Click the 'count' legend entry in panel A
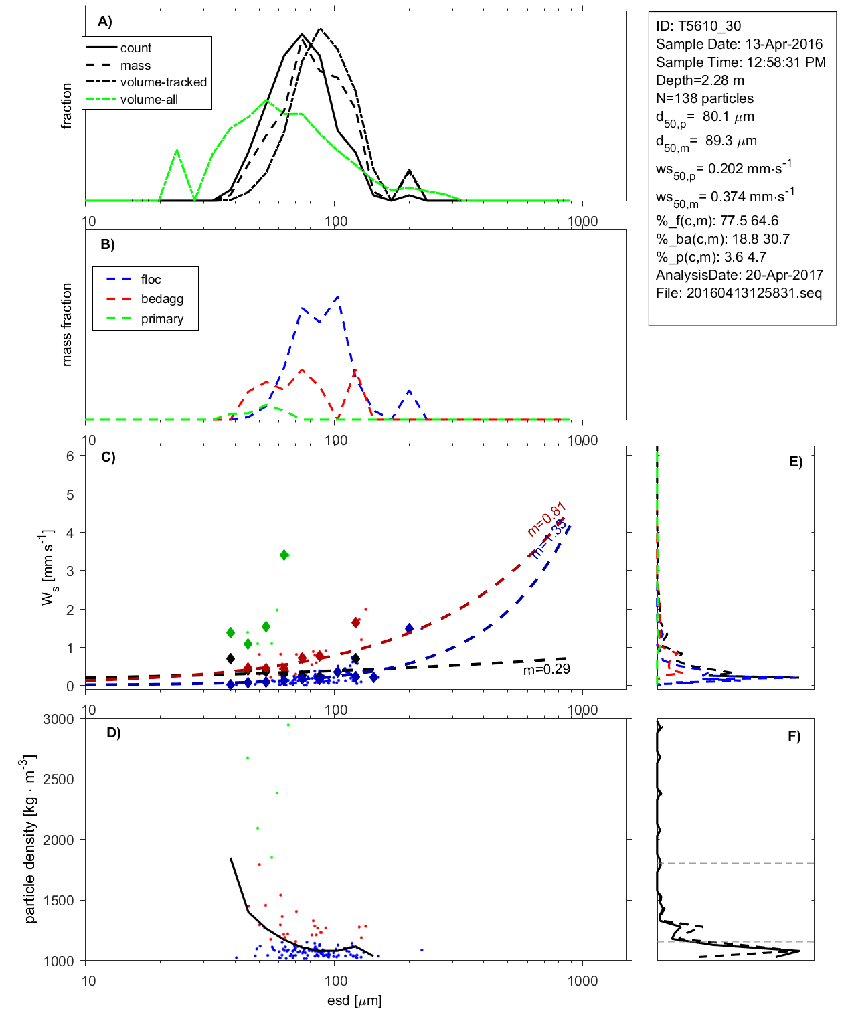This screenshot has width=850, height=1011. click(x=136, y=48)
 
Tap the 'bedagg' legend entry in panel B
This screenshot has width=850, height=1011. click(x=162, y=299)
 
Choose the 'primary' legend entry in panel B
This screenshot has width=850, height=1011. click(x=162, y=319)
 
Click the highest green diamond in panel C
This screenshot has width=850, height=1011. click(x=284, y=555)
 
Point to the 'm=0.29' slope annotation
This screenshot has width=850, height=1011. click(x=546, y=669)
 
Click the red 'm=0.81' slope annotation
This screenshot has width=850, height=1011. click(x=547, y=519)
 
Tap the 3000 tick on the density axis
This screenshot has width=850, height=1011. click(x=58, y=719)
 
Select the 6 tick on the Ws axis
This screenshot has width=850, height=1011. click(x=70, y=456)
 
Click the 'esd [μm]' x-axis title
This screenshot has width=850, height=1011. click(x=354, y=1001)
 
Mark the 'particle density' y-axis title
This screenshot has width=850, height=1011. click(x=29, y=839)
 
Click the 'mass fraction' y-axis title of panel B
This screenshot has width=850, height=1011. click(x=66, y=325)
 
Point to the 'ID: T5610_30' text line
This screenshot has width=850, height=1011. click(x=698, y=26)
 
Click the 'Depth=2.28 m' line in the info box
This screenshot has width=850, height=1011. click(x=699, y=80)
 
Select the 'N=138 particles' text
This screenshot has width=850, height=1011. click(x=704, y=98)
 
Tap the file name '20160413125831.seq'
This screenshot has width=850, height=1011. click(x=754, y=293)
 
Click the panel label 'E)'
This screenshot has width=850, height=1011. click(x=795, y=462)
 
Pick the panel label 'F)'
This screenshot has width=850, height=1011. click(x=794, y=736)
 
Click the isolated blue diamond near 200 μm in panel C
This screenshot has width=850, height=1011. click(x=409, y=628)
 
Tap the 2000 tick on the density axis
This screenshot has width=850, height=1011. click(x=58, y=840)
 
